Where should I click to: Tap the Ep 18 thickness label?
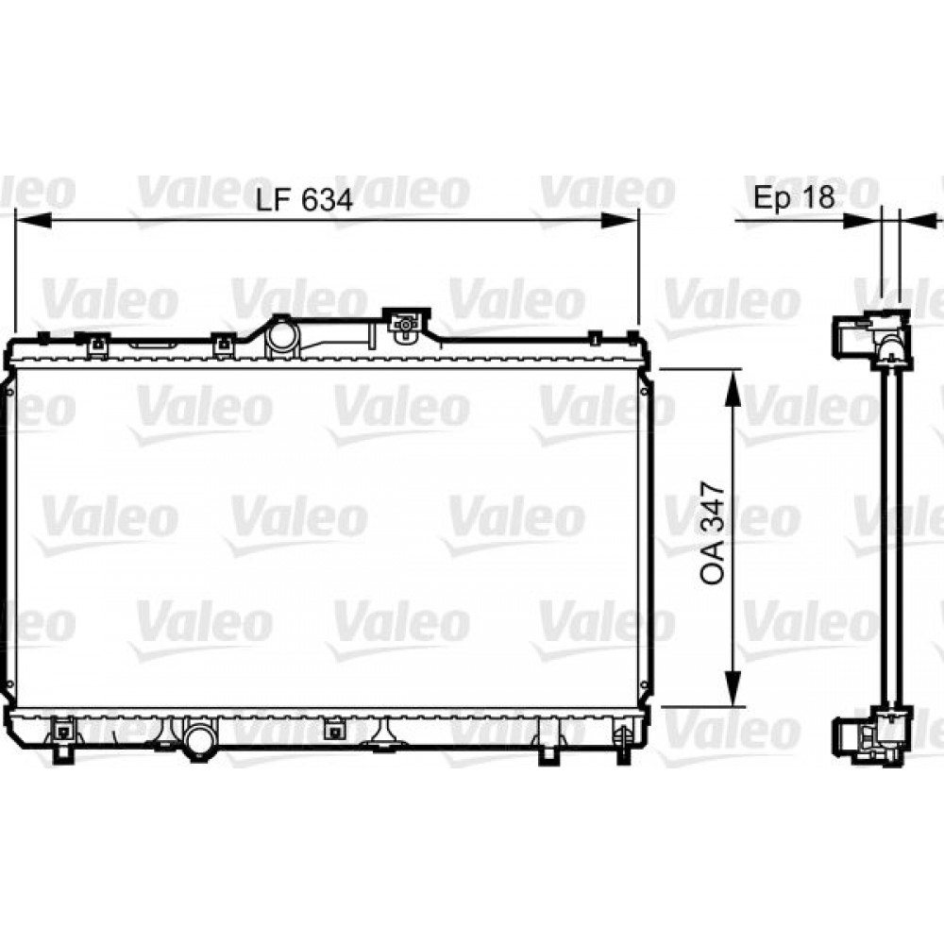coord(794,197)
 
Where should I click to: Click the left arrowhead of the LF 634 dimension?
coord(28,220)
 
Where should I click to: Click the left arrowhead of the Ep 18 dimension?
coord(864,220)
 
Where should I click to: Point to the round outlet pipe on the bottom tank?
coord(199,739)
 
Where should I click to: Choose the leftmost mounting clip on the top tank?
coord(95,346)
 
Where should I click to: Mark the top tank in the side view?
coord(873,340)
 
